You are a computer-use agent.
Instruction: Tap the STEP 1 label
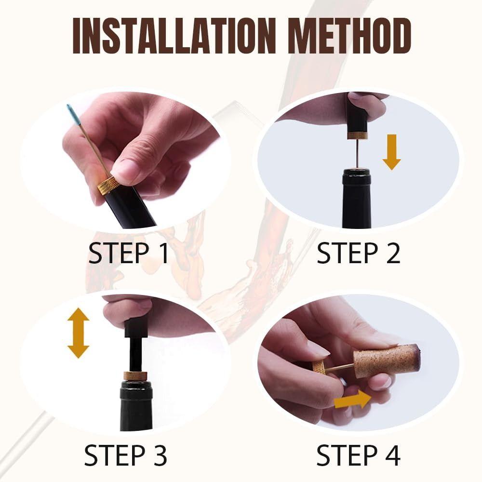tap(129, 253)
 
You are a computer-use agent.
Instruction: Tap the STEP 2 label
tap(359, 253)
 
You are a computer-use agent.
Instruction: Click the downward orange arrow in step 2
tap(391, 152)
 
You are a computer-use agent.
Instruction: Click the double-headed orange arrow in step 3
tap(79, 333)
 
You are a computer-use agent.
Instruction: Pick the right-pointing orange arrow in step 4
tap(353, 400)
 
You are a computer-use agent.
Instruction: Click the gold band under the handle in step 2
tap(358, 135)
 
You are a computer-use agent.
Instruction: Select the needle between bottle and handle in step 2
tap(358, 153)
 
